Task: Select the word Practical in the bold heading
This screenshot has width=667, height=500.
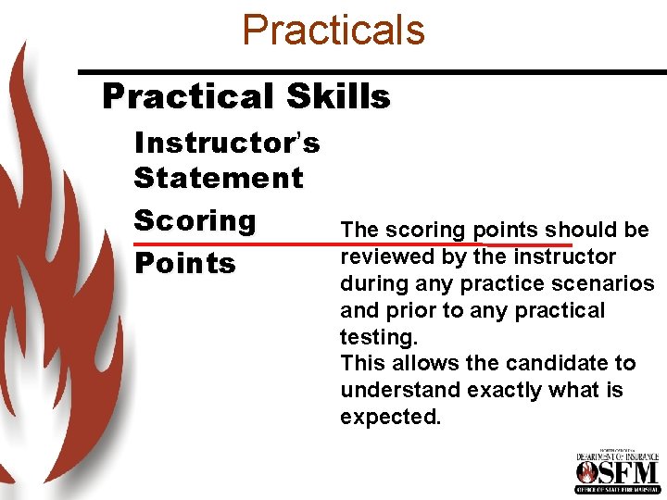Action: click(x=186, y=96)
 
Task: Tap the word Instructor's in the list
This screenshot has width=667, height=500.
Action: click(x=227, y=143)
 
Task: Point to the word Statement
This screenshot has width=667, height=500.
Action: click(x=219, y=178)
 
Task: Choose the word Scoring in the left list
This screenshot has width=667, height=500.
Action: click(x=195, y=220)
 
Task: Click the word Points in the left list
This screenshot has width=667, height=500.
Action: click(x=185, y=263)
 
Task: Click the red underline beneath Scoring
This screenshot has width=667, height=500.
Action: click(x=352, y=244)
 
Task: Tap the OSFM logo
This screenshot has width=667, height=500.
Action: click(x=617, y=471)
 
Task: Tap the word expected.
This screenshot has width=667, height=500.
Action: click(x=390, y=418)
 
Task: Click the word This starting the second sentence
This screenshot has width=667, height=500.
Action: click(x=359, y=364)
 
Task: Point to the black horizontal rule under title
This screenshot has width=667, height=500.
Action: click(x=371, y=71)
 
